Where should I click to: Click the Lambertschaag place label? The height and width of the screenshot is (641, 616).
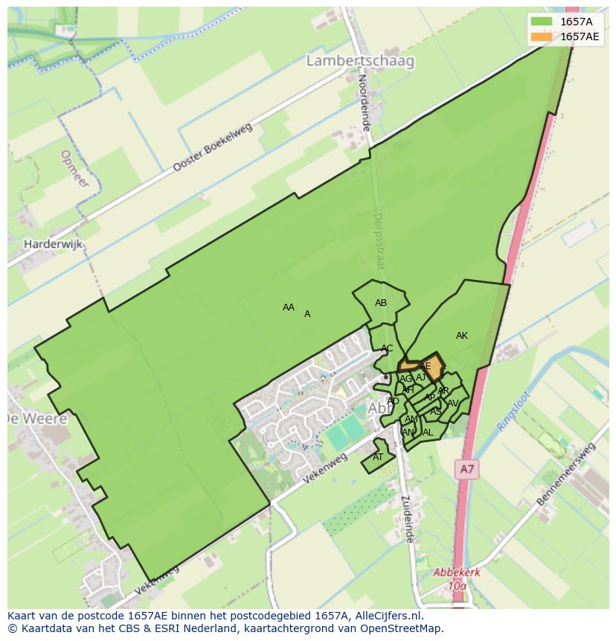(x=360, y=61)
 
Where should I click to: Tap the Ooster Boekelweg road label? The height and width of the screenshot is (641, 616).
(x=213, y=147)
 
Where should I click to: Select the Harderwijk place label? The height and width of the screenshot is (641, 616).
(x=53, y=243)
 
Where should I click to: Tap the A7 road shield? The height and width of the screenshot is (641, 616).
(x=466, y=469)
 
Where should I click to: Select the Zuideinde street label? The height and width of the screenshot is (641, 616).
(x=407, y=518)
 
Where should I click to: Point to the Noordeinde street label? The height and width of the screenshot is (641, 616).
(x=364, y=102)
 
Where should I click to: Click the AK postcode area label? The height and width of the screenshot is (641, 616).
(x=462, y=336)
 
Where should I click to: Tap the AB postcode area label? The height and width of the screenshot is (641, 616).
(x=381, y=303)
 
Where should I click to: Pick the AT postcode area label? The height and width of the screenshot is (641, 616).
(x=378, y=457)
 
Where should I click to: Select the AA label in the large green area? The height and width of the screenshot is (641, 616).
(x=289, y=307)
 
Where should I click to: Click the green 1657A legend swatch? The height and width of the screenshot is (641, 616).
(x=542, y=22)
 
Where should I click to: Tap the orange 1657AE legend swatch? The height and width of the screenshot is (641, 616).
(x=542, y=36)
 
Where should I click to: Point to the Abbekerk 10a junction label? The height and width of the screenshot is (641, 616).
(x=457, y=579)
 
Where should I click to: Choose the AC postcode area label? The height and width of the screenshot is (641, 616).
(x=387, y=348)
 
